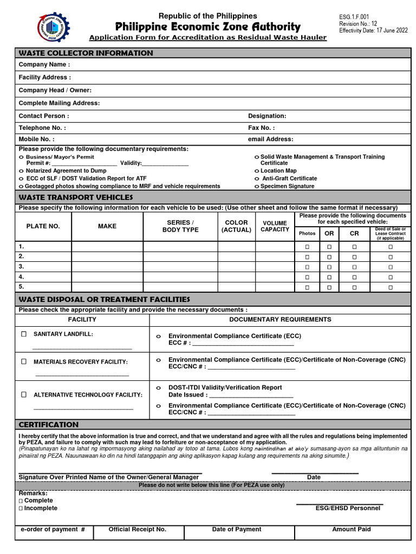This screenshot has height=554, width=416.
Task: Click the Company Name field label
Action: (44, 65)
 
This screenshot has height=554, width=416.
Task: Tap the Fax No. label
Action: (261, 128)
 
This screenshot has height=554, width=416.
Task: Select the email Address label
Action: (270, 140)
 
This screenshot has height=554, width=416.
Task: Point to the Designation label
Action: (267, 116)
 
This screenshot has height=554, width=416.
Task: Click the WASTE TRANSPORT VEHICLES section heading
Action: (76, 197)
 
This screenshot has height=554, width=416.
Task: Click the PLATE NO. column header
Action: (43, 226)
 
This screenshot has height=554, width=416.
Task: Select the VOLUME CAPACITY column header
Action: (275, 226)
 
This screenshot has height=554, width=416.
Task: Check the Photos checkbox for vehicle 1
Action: (307, 247)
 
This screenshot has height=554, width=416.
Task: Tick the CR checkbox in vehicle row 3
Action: (354, 267)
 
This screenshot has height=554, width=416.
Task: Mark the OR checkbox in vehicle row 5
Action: (329, 287)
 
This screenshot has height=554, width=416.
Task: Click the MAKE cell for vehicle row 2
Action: (107, 256)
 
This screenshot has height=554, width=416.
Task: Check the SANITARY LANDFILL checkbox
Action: (24, 334)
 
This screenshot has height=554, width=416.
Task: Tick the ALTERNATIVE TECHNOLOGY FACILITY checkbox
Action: (24, 395)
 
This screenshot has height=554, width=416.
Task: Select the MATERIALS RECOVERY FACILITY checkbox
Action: (24, 361)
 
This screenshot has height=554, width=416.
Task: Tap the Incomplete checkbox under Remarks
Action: (21, 509)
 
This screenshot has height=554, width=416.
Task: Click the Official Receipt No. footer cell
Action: (138, 530)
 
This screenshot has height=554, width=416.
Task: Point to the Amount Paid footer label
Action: (351, 530)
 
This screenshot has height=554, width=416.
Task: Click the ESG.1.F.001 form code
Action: (354, 17)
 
